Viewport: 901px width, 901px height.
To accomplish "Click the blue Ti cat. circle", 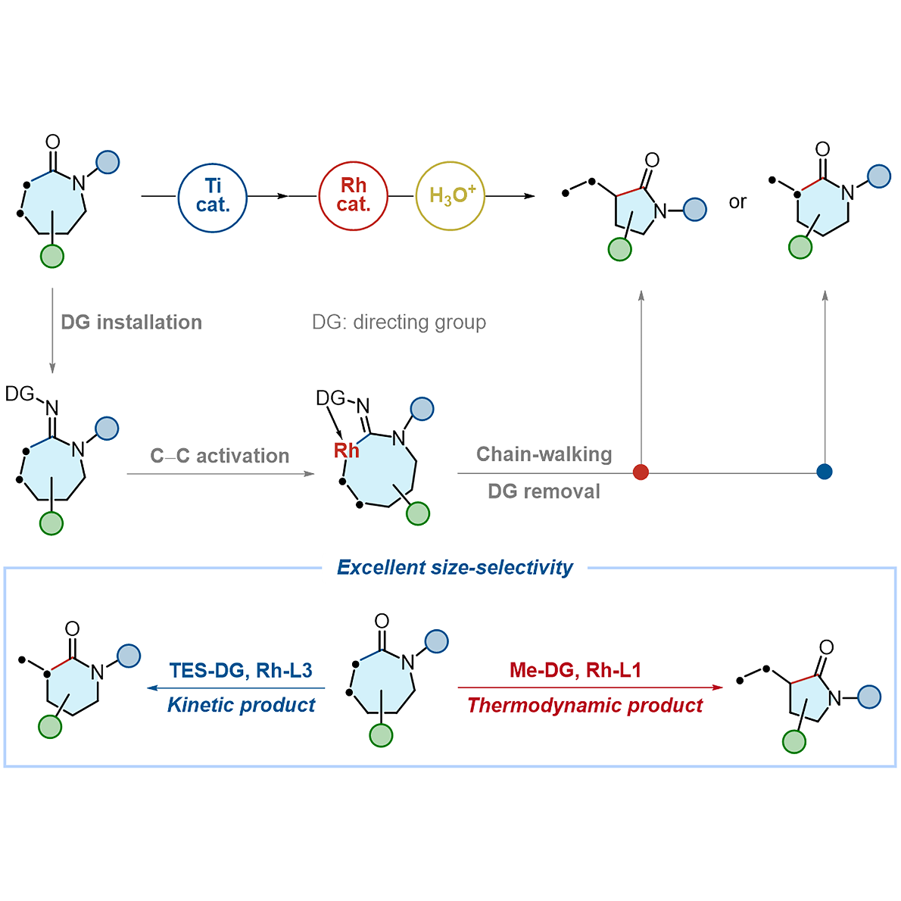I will [213, 197].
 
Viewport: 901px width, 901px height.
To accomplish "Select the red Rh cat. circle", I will [353, 196].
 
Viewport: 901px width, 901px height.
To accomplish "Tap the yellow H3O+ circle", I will [450, 195].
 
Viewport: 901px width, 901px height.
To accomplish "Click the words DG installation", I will [131, 323].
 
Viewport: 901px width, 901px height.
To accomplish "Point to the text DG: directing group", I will [399, 323].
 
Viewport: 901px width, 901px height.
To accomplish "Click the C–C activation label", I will [220, 456].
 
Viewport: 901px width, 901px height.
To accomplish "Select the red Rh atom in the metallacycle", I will [347, 450].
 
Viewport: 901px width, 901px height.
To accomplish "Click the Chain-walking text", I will [544, 454].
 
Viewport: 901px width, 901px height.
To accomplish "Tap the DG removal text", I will [544, 491].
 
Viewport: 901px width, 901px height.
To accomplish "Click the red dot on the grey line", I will [641, 472].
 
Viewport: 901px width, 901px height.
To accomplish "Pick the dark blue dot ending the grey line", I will [825, 472].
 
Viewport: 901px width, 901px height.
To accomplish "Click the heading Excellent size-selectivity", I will [455, 567].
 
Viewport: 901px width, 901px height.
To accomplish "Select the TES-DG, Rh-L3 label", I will [241, 670].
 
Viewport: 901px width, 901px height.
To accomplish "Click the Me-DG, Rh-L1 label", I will [575, 670].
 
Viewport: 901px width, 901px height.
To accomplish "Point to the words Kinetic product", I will [241, 705].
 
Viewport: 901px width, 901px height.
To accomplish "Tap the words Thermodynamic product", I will [585, 706].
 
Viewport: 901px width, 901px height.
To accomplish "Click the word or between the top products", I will [737, 202].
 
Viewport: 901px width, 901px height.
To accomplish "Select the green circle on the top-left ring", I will [51, 257].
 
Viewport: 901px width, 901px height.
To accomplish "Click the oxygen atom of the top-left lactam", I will [53, 142].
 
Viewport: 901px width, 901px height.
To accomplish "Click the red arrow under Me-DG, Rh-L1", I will [590, 687].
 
